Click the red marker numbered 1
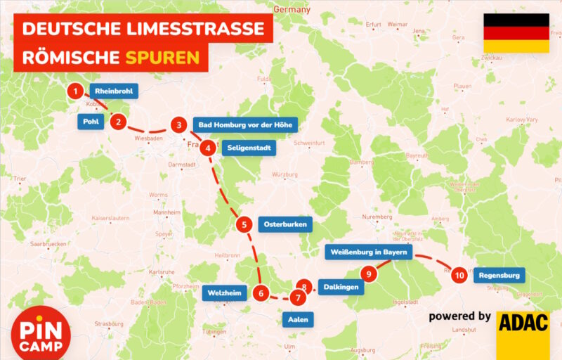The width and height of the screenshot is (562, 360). (75, 91)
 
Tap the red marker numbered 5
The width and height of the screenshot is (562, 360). (243, 225)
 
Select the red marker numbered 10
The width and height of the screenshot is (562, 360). (459, 276)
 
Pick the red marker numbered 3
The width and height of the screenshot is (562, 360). (179, 125)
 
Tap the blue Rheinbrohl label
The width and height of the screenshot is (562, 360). (113, 91)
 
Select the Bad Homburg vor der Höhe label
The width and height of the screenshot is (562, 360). (245, 125)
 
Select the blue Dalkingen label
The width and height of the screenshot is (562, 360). (342, 287)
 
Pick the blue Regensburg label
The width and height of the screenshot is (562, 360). (499, 276)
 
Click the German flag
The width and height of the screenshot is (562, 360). (516, 33)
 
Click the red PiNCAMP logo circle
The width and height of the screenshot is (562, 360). (41, 336)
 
